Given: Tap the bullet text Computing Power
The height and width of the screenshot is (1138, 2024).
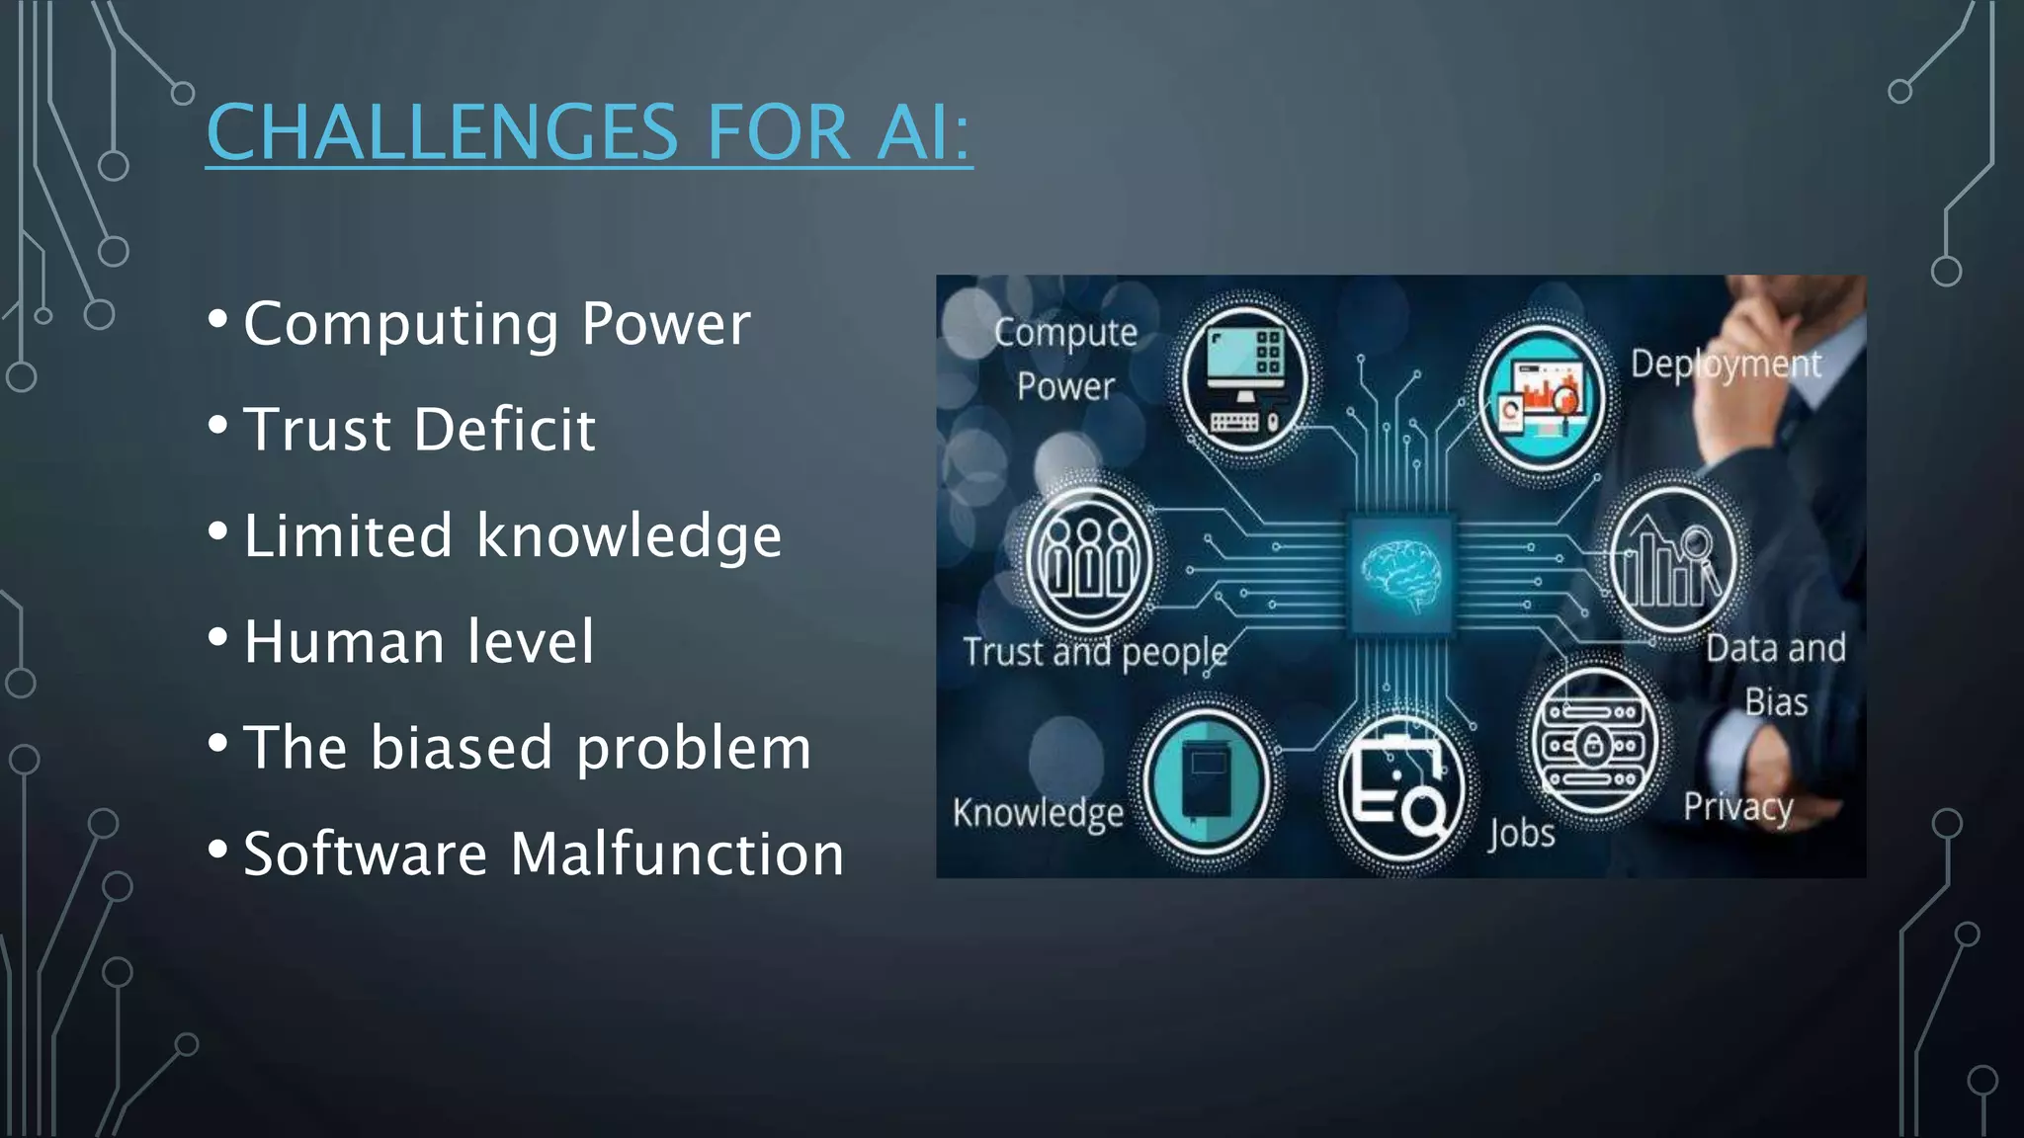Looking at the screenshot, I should pyautogui.click(x=496, y=324).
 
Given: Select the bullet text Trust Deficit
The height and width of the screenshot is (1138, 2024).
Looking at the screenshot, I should pyautogui.click(x=419, y=430).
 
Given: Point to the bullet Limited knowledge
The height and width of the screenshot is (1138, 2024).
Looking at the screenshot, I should pyautogui.click(x=512, y=535).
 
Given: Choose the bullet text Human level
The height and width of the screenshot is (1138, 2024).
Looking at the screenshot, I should pyautogui.click(x=419, y=642).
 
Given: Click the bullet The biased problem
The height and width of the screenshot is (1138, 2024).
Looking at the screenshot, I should pyautogui.click(x=527, y=748).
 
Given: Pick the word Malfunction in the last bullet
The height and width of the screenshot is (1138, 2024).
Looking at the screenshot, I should pyautogui.click(x=677, y=853).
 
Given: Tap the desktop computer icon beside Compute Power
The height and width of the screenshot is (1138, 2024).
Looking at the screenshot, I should pyautogui.click(x=1244, y=381).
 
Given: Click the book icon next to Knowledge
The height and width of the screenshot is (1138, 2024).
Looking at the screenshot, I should pyautogui.click(x=1206, y=780).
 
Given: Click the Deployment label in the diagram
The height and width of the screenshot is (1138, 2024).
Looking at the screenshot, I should pyautogui.click(x=1725, y=365).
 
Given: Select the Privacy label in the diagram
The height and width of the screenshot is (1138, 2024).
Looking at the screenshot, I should pyautogui.click(x=1737, y=807).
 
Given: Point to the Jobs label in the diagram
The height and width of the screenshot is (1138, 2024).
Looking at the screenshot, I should pyautogui.click(x=1522, y=833).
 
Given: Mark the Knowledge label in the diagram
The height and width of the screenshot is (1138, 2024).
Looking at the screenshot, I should pyautogui.click(x=1038, y=813).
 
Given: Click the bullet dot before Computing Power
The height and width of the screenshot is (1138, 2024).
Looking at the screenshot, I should pyautogui.click(x=218, y=319).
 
